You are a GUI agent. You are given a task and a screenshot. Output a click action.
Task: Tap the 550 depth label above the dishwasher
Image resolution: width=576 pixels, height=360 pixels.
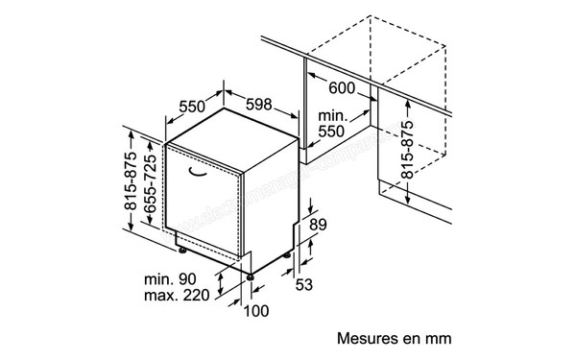click(x=195, y=106)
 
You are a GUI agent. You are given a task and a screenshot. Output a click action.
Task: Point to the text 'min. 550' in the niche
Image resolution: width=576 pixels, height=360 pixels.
click(x=331, y=124)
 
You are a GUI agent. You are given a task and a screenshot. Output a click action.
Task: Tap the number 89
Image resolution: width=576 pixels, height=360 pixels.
click(x=320, y=226)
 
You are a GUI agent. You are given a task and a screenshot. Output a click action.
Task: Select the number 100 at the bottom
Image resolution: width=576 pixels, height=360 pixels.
click(x=256, y=310)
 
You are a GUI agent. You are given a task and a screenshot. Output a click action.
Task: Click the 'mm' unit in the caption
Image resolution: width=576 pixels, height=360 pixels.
click(x=438, y=339)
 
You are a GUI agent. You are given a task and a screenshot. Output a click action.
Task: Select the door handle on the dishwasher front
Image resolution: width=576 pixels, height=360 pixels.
click(x=202, y=173)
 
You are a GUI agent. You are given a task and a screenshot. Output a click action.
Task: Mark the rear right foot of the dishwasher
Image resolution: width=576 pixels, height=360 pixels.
click(x=292, y=256)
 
